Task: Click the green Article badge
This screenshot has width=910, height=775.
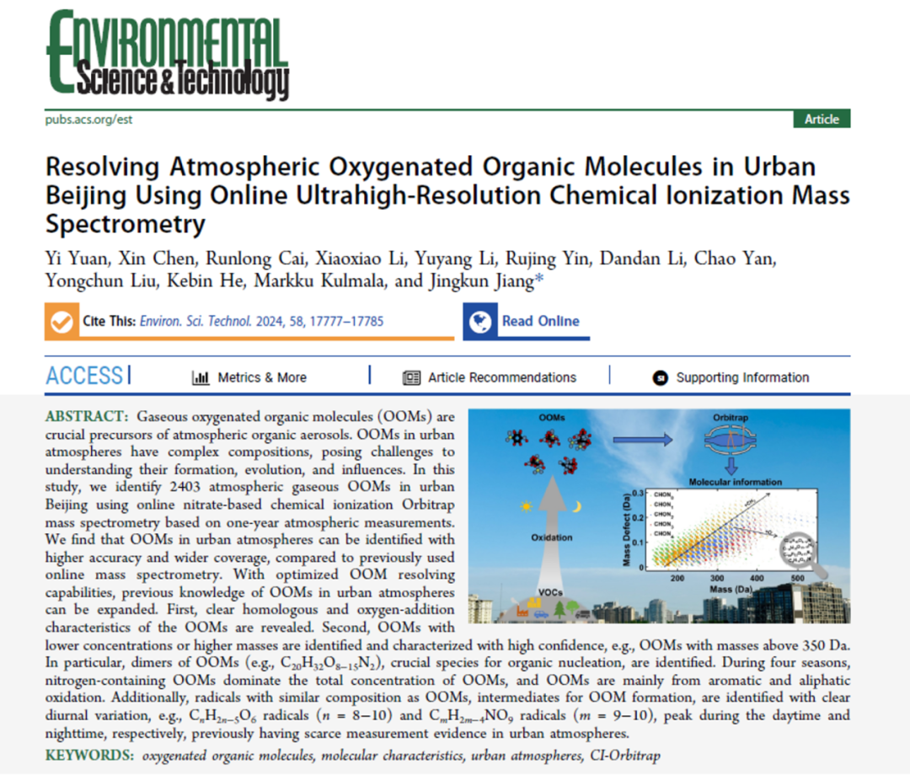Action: tap(822, 119)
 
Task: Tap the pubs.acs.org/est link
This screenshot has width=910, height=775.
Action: tap(88, 119)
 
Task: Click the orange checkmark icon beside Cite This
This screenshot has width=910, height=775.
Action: tap(62, 322)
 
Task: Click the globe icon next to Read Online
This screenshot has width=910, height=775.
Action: tap(481, 321)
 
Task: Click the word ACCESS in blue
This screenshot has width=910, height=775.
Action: tap(84, 377)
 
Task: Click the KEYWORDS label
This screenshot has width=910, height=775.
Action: tap(88, 755)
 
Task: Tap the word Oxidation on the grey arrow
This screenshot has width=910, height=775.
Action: tap(552, 537)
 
